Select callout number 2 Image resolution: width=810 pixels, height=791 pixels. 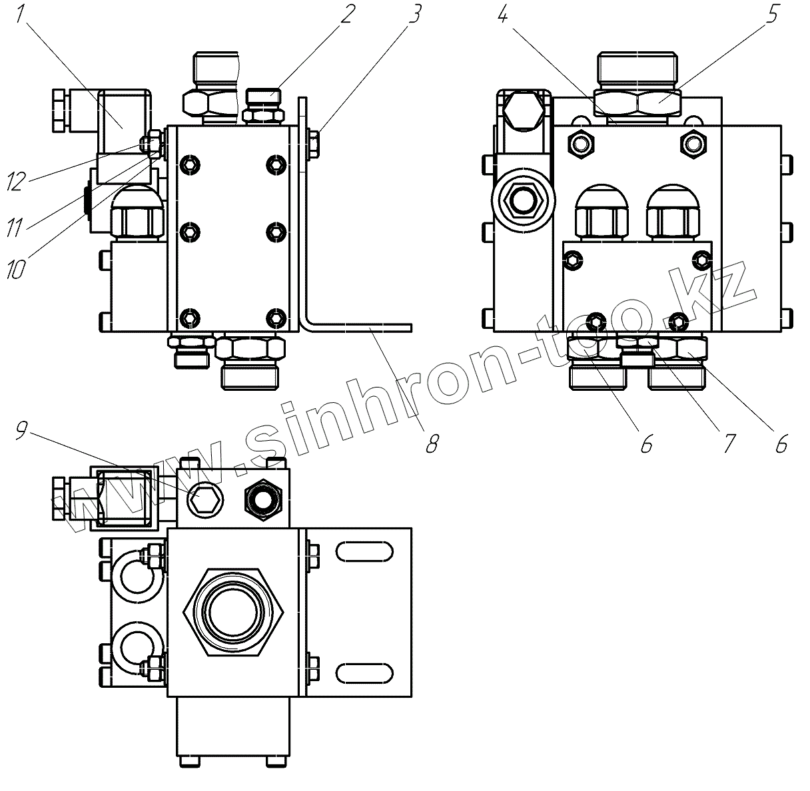(x=346, y=13)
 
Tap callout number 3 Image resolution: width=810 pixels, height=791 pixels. (x=414, y=13)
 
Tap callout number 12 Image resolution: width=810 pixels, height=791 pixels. (x=16, y=180)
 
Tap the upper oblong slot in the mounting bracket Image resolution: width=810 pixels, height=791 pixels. (x=364, y=552)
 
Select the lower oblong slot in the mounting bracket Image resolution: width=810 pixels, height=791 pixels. (x=364, y=672)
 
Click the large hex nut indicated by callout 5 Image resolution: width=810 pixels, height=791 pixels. (x=658, y=103)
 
